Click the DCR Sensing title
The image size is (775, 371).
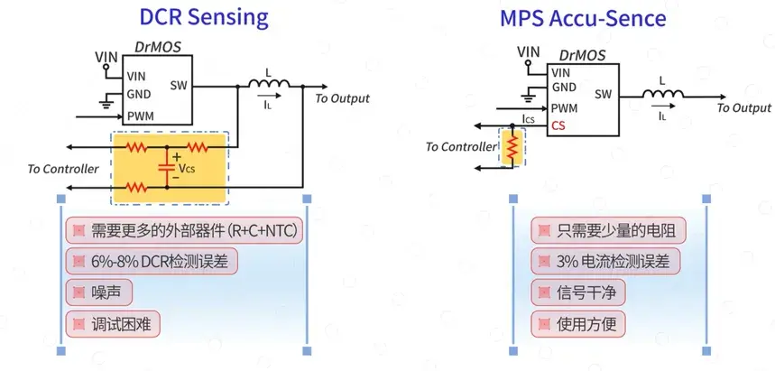point(204,17)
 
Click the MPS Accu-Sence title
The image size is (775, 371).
point(583,18)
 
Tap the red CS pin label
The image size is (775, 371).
point(558,125)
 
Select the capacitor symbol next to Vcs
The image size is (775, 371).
point(167,167)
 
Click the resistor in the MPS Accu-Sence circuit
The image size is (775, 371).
point(512,146)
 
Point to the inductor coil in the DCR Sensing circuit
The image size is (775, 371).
point(270,83)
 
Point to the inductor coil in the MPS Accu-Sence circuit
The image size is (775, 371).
point(663,93)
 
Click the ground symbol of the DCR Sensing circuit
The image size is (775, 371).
point(106,103)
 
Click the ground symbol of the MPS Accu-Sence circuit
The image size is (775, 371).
point(529,97)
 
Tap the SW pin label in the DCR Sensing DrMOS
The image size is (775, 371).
point(179,85)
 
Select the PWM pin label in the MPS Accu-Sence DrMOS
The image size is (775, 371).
point(565,107)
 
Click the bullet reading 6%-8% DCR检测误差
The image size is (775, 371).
point(152,261)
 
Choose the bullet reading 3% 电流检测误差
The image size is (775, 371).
point(605,261)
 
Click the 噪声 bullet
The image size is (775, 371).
point(99,292)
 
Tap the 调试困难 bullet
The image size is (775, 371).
point(113,324)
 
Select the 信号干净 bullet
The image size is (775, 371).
point(577,292)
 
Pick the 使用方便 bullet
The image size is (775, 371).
point(577,324)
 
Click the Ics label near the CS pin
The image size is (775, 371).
point(529,119)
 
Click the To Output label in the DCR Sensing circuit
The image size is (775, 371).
point(343,98)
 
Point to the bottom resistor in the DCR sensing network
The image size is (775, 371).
point(136,188)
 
